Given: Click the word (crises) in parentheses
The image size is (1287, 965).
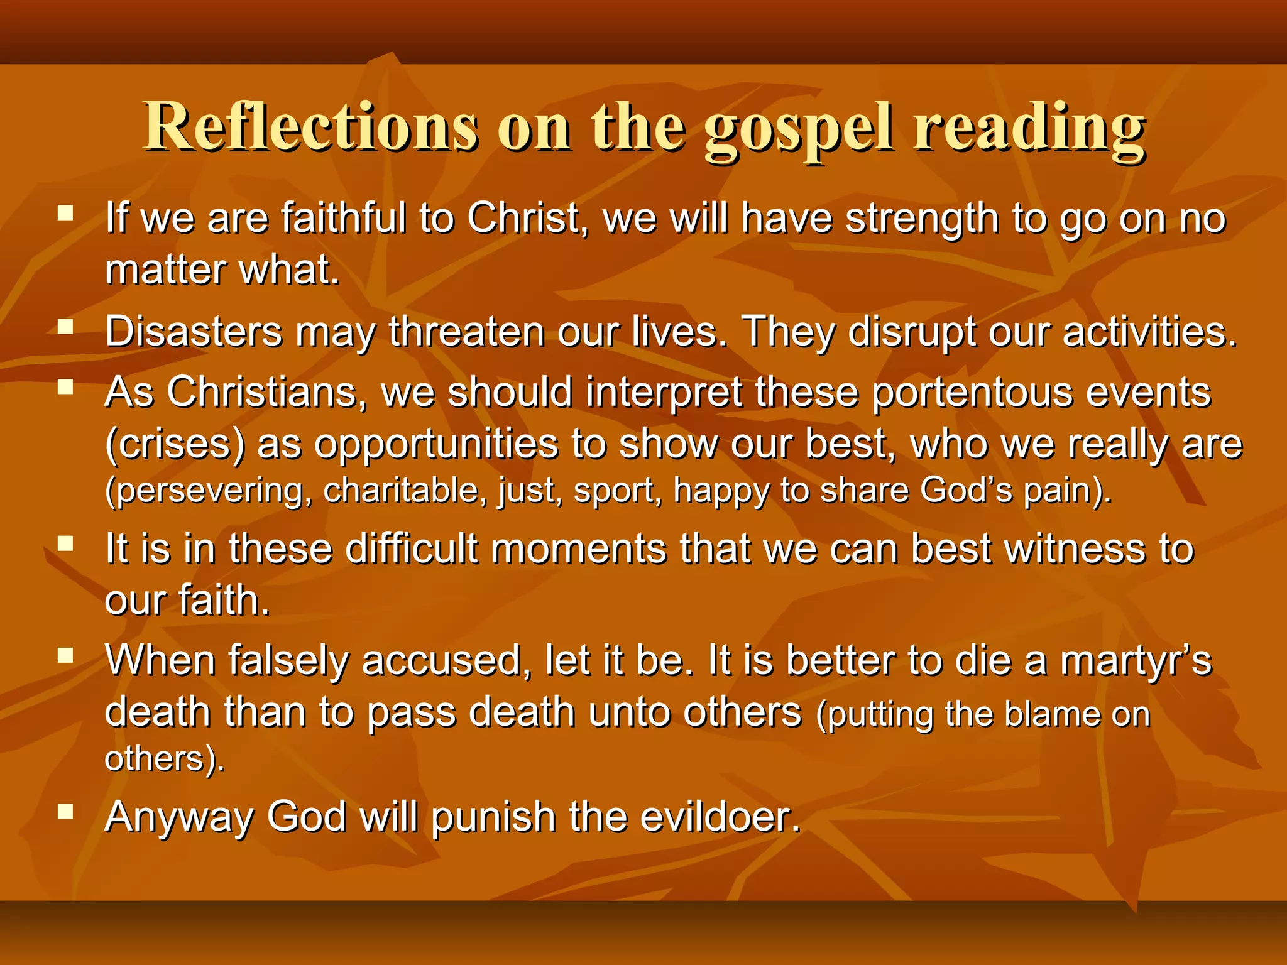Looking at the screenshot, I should [x=175, y=444].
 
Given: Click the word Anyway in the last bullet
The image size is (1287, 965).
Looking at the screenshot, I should [x=179, y=818].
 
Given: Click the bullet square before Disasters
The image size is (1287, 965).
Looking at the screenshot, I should [x=65, y=327].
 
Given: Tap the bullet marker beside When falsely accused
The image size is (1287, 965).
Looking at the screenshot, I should [x=65, y=656].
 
